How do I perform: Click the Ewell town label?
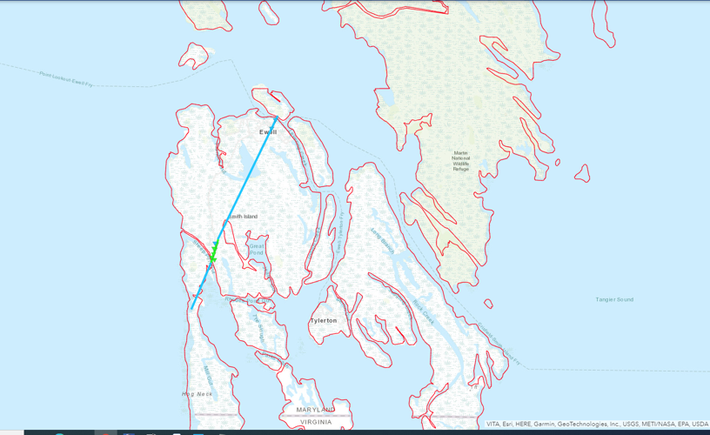[x=267, y=132]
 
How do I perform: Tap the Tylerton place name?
[x=324, y=320]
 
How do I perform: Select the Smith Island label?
[x=244, y=217]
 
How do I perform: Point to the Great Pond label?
[x=257, y=250]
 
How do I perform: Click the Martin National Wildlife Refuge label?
[x=460, y=161]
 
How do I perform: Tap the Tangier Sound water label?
[x=614, y=299]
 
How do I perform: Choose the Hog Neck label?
[x=197, y=394]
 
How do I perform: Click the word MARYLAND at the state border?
[x=315, y=409]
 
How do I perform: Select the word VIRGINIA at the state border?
[x=315, y=422]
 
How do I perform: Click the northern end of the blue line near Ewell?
[x=277, y=117]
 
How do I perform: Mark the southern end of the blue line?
[x=192, y=308]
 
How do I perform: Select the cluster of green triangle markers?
[x=212, y=253]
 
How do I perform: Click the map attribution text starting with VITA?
[x=597, y=425]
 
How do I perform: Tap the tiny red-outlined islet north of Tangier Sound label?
[x=488, y=304]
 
